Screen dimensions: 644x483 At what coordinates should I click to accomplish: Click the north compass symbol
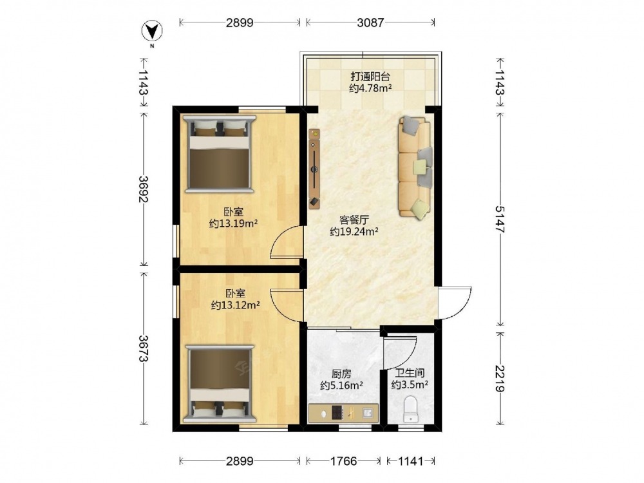pyautogui.click(x=152, y=31)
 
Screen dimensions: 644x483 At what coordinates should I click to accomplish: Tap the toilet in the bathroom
pyautogui.click(x=411, y=409)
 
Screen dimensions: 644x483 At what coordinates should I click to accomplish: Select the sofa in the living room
pyautogui.click(x=415, y=167)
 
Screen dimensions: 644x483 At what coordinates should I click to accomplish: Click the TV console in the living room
pyautogui.click(x=315, y=169)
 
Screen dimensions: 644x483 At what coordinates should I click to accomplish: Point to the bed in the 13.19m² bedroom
pyautogui.click(x=220, y=154)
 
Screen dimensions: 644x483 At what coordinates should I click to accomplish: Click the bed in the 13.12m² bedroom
pyautogui.click(x=220, y=384)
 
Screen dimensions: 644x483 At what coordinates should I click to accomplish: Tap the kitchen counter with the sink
pyautogui.click(x=343, y=413)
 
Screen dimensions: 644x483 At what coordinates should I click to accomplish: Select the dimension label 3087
pyautogui.click(x=370, y=23)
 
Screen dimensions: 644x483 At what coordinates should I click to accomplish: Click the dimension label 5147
pyautogui.click(x=500, y=220)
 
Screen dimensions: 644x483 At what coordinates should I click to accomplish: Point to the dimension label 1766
pyautogui.click(x=344, y=461)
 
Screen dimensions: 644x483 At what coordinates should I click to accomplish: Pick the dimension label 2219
pyautogui.click(x=500, y=378)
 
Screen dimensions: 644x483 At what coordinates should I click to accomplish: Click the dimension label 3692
pyautogui.click(x=144, y=189)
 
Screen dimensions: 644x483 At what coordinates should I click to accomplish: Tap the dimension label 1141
pyautogui.click(x=410, y=461)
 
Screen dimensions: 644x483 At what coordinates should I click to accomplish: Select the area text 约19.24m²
pyautogui.click(x=354, y=232)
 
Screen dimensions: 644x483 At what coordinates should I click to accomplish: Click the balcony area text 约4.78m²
pyautogui.click(x=370, y=88)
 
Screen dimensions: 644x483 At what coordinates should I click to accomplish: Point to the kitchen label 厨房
pyautogui.click(x=342, y=374)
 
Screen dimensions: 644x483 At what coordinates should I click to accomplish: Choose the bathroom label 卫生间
pyautogui.click(x=410, y=374)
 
